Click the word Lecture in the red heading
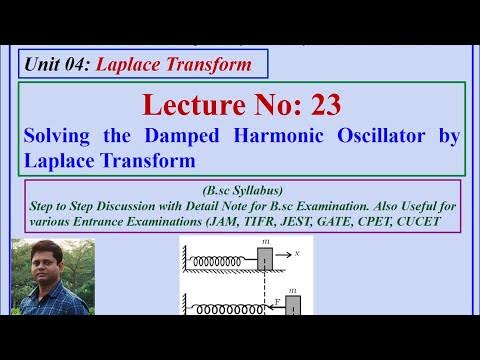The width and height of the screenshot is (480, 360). (x=189, y=104)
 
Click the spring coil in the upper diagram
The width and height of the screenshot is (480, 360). (x=221, y=260)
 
